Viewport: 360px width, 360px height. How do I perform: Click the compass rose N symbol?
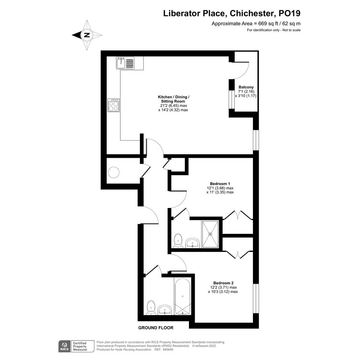pyautogui.click(x=87, y=35)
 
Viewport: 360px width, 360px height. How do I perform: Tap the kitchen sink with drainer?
pyautogui.click(x=125, y=63)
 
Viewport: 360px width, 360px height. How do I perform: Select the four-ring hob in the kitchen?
pyautogui.click(x=114, y=105)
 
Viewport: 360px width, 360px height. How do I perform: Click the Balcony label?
pyautogui.click(x=246, y=87)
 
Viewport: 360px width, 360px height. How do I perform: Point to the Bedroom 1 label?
pyautogui.click(x=220, y=184)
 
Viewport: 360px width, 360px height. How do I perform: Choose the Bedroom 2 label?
pyautogui.click(x=223, y=283)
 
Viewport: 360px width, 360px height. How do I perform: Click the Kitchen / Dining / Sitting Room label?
pyautogui.click(x=173, y=99)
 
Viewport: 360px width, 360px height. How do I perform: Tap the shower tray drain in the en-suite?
pyautogui.click(x=210, y=234)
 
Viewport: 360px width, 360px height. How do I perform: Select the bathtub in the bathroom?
pyautogui.click(x=182, y=296)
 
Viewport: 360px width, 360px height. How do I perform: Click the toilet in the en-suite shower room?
pyautogui.click(x=178, y=241)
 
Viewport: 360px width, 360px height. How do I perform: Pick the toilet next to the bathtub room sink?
pyautogui.click(x=151, y=308)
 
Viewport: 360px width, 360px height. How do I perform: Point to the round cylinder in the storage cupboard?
pyautogui.click(x=114, y=172)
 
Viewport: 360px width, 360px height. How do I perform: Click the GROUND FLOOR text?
pyautogui.click(x=156, y=328)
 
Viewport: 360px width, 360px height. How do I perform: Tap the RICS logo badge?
pyautogui.click(x=64, y=346)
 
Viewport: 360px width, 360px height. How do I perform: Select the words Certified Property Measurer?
pyautogui.click(x=80, y=346)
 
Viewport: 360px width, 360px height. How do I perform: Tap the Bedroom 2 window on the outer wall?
pyautogui.click(x=256, y=298)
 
